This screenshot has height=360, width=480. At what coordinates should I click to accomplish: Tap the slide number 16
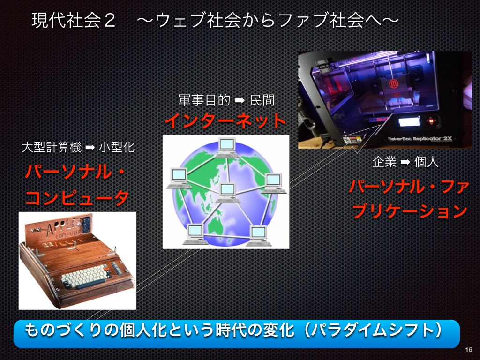point(468,350)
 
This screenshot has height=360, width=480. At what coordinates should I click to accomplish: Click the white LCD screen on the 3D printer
point(409,122)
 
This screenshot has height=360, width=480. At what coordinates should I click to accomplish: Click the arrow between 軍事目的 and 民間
point(239,100)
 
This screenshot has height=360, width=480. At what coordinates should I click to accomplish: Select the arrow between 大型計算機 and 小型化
point(90,148)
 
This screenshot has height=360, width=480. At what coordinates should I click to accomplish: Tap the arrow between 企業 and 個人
point(405,162)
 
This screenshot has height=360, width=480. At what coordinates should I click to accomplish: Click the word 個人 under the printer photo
point(426,162)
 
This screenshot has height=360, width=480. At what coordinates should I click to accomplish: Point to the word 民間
point(262,100)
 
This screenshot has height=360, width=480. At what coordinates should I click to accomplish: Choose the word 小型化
point(117,147)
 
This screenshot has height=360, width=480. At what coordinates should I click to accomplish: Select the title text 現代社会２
point(74,21)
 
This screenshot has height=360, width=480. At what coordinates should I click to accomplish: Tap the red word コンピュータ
point(77,198)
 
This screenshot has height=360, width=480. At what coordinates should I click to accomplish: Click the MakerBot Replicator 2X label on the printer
point(420,139)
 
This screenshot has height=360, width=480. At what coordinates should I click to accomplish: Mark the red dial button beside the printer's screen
point(431,121)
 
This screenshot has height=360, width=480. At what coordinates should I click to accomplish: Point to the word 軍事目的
point(204,100)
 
